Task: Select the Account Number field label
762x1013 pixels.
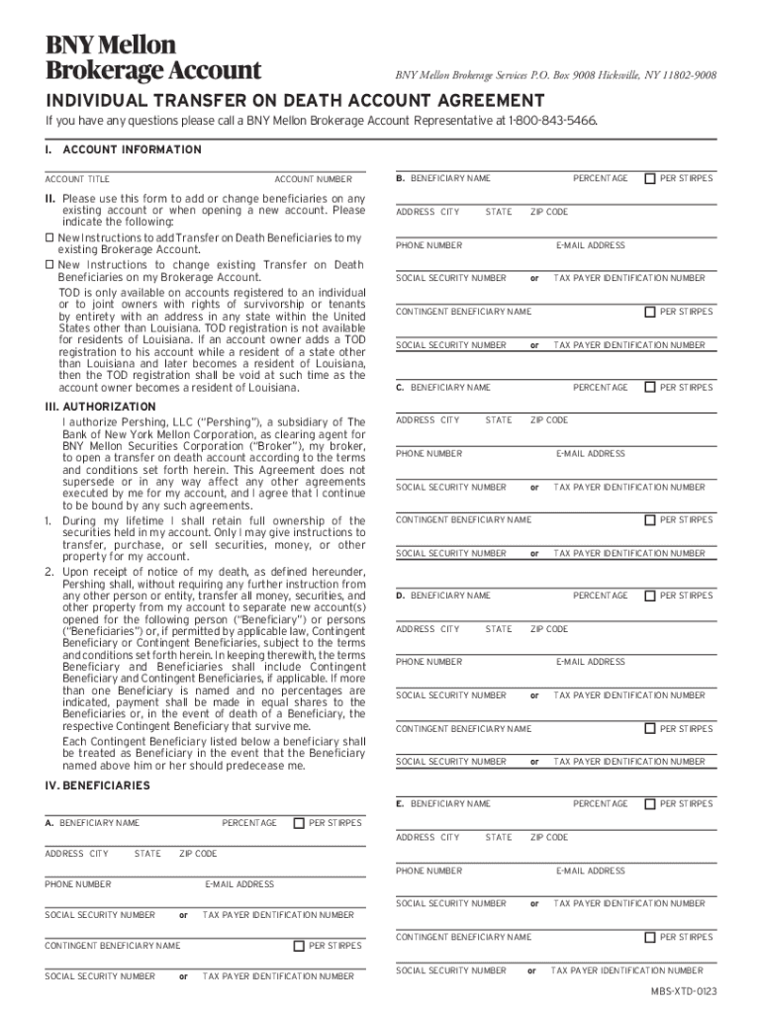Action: coord(313,179)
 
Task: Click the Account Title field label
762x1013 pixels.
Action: coord(77,179)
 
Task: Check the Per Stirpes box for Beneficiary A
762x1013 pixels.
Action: coord(299,823)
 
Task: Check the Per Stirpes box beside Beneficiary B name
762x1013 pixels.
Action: coord(650,179)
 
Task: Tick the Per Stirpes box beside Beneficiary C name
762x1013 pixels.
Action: coord(650,387)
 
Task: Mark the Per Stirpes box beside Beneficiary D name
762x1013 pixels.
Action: coord(650,596)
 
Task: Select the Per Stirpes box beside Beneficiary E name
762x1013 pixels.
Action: coord(650,804)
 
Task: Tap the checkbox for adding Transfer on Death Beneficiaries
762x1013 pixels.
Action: coord(50,238)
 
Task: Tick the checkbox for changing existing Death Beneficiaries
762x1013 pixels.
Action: coord(50,265)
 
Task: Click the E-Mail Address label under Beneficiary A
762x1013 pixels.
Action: coord(238,883)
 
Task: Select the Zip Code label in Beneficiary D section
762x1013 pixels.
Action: coord(549,629)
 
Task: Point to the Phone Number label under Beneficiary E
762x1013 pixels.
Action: coord(429,871)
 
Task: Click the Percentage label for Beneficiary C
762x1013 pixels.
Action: coord(600,388)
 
